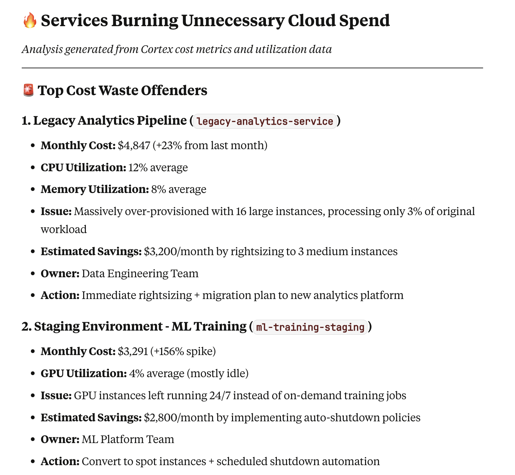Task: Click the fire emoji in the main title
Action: point(30,20)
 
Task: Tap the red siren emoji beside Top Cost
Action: point(28,90)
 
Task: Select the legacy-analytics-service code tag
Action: point(265,121)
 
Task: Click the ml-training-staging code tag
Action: point(310,327)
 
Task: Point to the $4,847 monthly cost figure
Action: point(134,145)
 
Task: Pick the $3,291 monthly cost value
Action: point(133,351)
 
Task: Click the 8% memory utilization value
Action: point(158,189)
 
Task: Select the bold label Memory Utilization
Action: point(95,189)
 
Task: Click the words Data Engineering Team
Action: point(140,274)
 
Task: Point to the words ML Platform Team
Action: point(128,439)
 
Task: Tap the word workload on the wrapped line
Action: point(64,229)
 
